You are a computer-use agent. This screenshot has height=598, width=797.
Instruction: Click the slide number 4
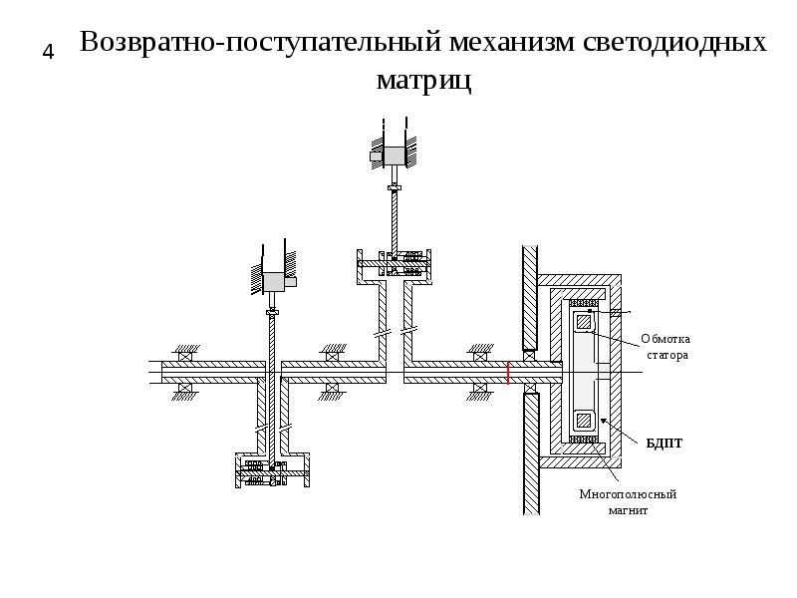point(48,52)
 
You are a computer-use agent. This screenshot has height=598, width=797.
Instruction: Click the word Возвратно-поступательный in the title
point(260,42)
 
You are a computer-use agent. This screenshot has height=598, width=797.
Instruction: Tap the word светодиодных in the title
point(674,42)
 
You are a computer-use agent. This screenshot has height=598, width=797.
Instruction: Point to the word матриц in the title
point(424,81)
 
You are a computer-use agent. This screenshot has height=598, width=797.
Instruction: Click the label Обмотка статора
point(665,347)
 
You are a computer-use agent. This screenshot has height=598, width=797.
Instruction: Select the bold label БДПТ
point(664,444)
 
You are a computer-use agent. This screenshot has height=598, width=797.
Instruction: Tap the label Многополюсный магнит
point(628,502)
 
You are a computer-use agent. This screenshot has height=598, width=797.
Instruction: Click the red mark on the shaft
point(508,372)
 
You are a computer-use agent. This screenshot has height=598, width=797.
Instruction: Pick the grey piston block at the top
point(394,155)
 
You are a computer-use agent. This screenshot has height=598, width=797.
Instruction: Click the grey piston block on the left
point(273,281)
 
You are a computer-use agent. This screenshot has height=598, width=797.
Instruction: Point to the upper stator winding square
point(584,322)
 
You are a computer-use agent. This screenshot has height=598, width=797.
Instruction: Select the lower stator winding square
point(584,420)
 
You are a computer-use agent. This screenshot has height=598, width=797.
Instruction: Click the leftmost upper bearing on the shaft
point(185,357)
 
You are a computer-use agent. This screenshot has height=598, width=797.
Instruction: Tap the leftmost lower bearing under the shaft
point(185,388)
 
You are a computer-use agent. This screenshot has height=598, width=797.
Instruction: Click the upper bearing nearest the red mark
point(480,357)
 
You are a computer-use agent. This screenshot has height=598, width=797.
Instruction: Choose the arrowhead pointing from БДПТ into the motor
point(604,421)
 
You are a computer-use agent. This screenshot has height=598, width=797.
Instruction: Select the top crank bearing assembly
point(395,264)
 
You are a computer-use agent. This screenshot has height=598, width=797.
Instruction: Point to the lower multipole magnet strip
point(584,440)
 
